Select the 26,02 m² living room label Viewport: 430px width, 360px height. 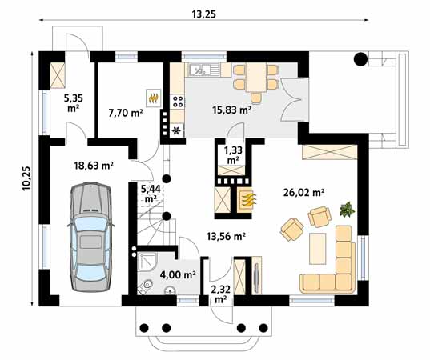click(303, 193)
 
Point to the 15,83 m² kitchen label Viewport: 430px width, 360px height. click(231, 110)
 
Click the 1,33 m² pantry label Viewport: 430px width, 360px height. click(232, 154)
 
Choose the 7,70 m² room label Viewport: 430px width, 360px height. click(126, 114)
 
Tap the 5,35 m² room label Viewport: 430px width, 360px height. click(73, 102)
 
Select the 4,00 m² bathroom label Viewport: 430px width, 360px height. click(178, 274)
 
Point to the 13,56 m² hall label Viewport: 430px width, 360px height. click(227, 236)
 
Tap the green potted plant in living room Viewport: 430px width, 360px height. click(346, 210)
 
